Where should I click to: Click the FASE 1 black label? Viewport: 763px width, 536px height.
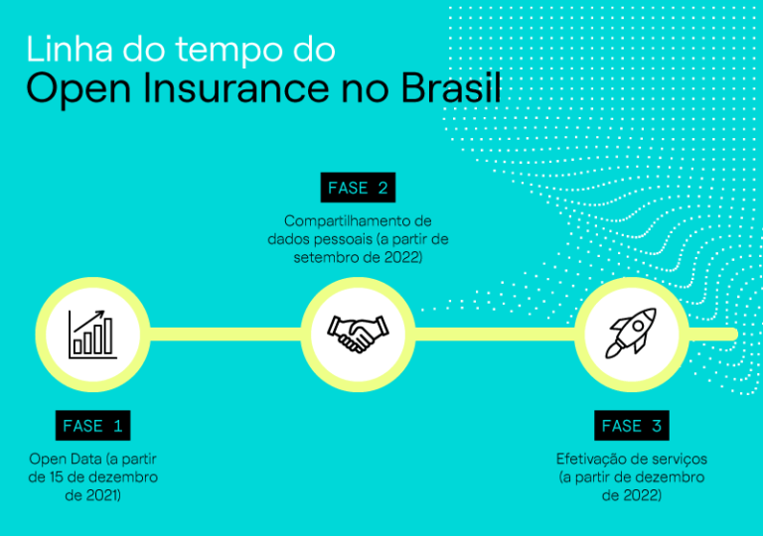coord(92,426)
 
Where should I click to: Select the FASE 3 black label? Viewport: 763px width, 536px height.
coord(631,426)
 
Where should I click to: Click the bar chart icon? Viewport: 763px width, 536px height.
coord(92,334)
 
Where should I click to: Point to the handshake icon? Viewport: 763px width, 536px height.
coord(358,334)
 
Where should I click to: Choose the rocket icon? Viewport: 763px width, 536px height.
coord(631,334)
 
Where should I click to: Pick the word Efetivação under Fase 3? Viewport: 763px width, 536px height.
coord(592,459)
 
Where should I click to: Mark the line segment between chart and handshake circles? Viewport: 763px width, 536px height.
coord(225,334)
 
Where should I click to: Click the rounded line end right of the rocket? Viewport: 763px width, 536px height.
coord(732,334)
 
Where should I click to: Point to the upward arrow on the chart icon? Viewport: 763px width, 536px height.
coord(96,317)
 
